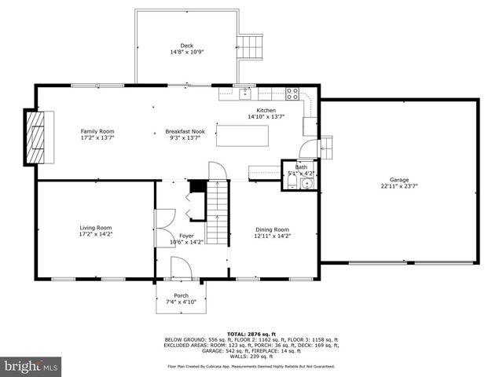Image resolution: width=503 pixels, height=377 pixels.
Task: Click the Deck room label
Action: (x=186, y=46)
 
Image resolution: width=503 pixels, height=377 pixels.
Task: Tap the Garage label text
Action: (x=398, y=179)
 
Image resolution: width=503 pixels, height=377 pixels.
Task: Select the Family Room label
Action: (x=97, y=131)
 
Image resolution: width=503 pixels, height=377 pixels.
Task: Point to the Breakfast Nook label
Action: (x=182, y=131)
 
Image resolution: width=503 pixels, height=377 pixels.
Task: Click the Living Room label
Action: (x=95, y=228)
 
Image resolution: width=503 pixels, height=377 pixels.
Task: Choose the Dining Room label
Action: (x=272, y=229)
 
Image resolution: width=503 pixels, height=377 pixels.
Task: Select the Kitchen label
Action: (x=266, y=111)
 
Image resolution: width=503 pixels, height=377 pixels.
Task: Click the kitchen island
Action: (x=243, y=135)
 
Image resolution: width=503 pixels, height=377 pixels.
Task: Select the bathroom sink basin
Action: (x=307, y=184)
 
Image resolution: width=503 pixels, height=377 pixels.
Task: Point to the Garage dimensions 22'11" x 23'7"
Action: (x=398, y=187)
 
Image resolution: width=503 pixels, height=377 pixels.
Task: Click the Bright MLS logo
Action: (x=31, y=365)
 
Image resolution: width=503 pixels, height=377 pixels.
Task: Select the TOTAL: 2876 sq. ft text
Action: (x=250, y=334)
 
